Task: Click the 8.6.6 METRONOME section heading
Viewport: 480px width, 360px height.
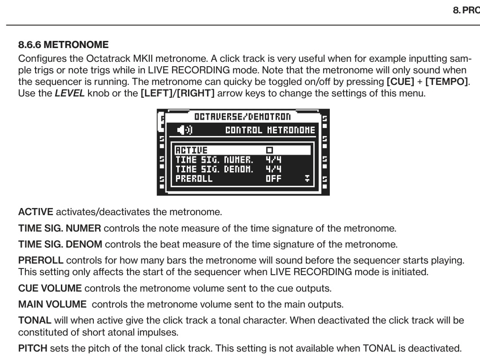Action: point(63,44)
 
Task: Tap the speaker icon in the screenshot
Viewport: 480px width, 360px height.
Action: point(184,130)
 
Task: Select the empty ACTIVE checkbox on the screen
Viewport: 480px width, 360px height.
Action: point(270,150)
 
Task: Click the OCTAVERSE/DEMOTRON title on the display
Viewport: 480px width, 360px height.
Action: point(242,117)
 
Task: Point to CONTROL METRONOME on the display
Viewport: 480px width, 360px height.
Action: point(270,130)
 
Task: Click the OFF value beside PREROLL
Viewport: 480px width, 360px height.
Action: point(273,179)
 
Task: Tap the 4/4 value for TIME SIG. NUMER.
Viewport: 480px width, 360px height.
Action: point(273,160)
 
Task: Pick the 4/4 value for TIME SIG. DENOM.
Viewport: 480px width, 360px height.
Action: point(273,169)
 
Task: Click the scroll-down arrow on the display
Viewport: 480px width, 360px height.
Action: point(307,179)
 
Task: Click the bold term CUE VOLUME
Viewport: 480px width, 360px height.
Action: point(50,288)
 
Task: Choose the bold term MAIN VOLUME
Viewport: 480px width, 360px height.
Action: point(52,304)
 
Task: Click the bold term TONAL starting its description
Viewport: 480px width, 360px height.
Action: point(35,320)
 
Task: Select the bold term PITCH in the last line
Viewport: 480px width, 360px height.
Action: point(32,348)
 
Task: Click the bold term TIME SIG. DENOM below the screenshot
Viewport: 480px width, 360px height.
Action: point(60,244)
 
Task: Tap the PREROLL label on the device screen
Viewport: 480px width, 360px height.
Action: point(194,179)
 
